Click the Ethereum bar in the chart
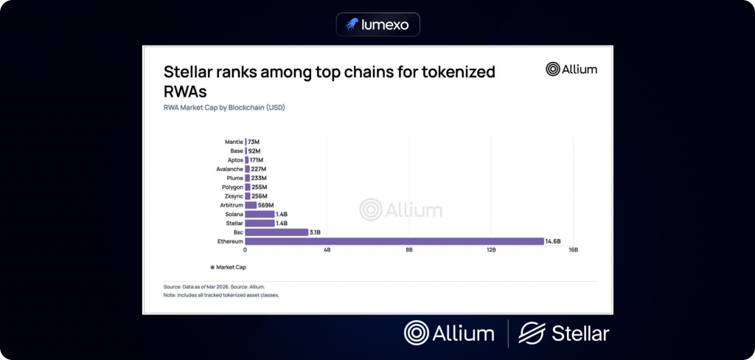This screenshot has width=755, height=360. (x=393, y=241)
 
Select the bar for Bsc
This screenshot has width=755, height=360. (x=276, y=232)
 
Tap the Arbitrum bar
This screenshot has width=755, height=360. (x=251, y=204)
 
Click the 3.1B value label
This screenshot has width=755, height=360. (x=316, y=232)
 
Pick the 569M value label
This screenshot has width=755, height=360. (x=266, y=204)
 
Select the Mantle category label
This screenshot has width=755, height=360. (x=233, y=141)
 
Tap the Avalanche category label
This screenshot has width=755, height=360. (x=229, y=168)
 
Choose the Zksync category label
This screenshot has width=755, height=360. (x=232, y=195)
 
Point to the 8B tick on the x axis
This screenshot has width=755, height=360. (x=409, y=251)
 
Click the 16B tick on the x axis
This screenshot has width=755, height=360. (x=573, y=251)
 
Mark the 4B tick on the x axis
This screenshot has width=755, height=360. (x=327, y=251)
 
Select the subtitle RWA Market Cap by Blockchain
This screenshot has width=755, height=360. (x=223, y=108)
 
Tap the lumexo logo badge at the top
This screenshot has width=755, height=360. (x=377, y=25)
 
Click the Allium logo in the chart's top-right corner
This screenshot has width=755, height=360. (x=571, y=69)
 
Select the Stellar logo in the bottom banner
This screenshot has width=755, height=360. (x=564, y=333)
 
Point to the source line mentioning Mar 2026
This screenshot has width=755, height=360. (x=214, y=286)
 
